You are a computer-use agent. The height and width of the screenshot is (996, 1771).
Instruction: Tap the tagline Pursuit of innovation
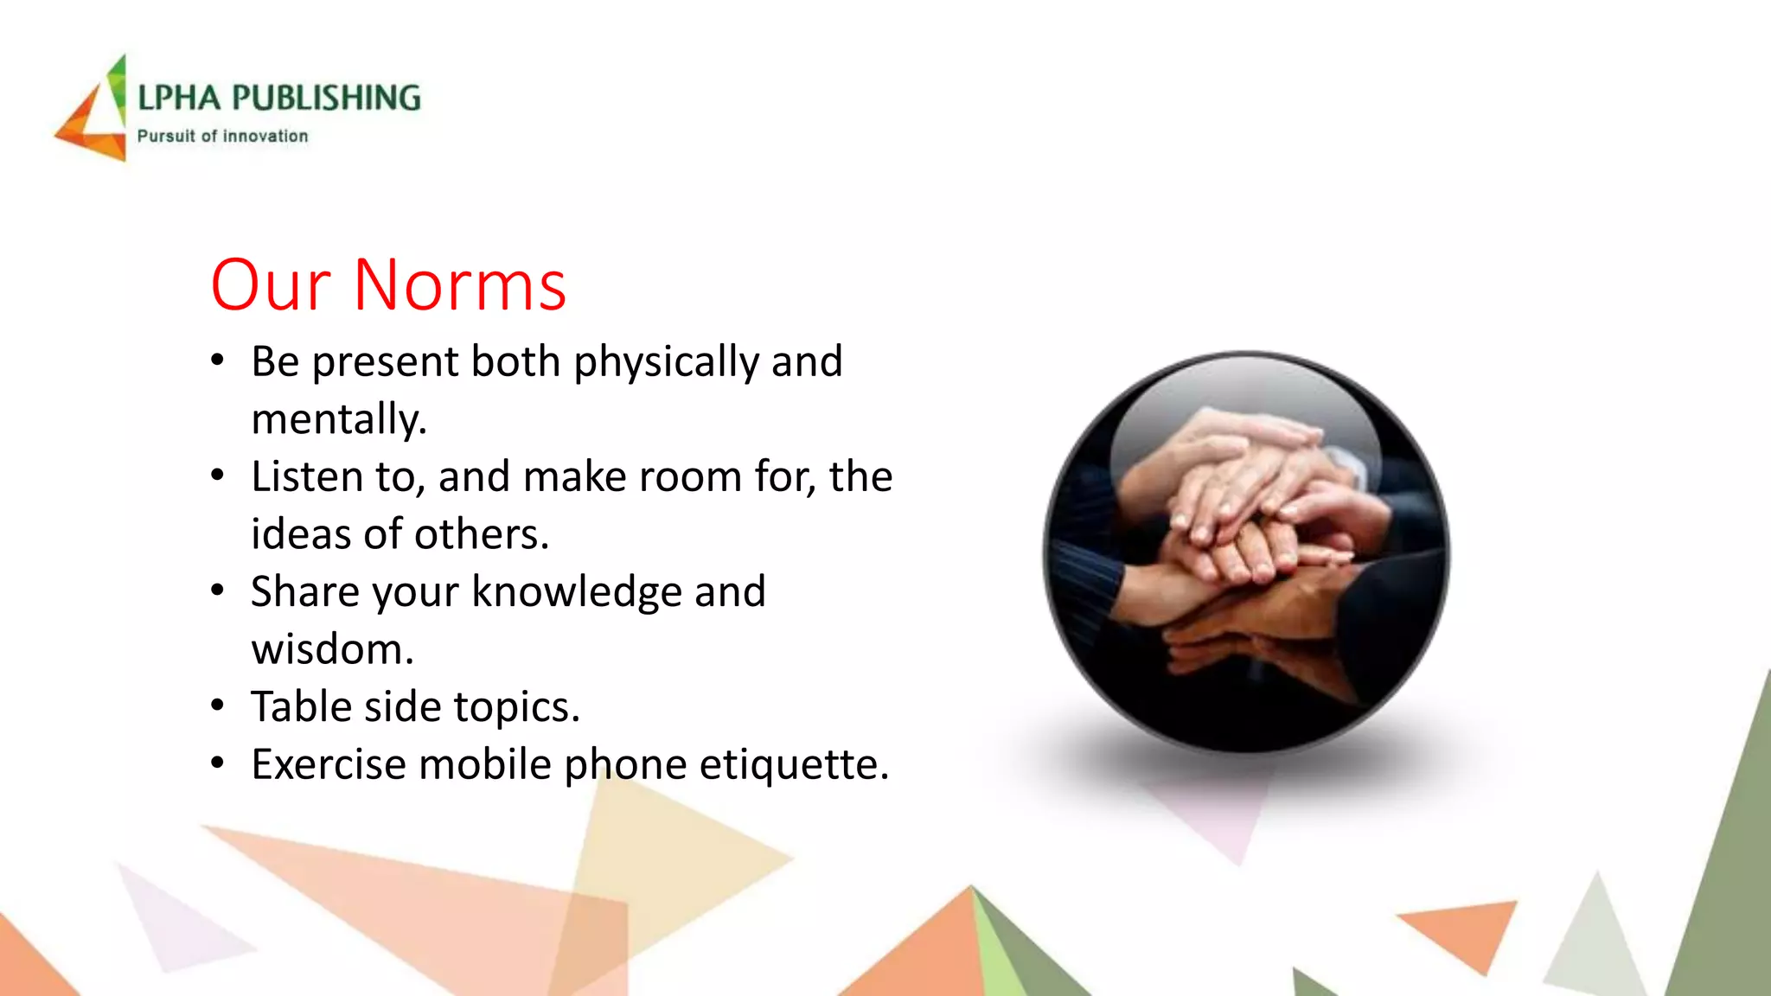(x=222, y=136)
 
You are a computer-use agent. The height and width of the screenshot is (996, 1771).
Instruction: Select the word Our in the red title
(x=271, y=285)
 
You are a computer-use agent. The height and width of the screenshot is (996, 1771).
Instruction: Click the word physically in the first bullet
(x=666, y=363)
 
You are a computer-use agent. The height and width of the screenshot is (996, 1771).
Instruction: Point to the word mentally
(x=339, y=419)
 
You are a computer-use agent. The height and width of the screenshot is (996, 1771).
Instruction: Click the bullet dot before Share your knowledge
(x=218, y=591)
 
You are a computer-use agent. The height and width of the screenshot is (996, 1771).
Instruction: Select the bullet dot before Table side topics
(x=218, y=706)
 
